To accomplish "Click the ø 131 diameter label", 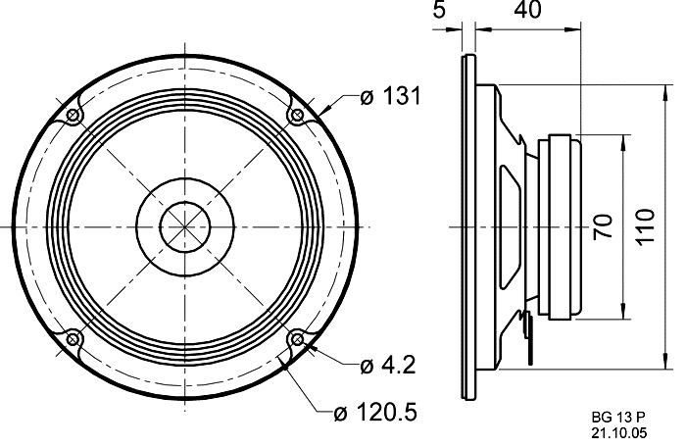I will coord(390,96).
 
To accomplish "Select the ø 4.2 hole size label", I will coord(388,366).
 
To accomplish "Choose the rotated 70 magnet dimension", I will coord(604,227).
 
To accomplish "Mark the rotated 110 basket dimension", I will coord(644,227).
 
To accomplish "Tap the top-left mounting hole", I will coord(73,117).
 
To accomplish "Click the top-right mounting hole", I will coord(296,117).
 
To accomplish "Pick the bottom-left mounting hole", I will coord(73,339).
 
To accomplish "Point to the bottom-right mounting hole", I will coord(296,339).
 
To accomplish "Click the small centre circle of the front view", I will coord(184,227).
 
